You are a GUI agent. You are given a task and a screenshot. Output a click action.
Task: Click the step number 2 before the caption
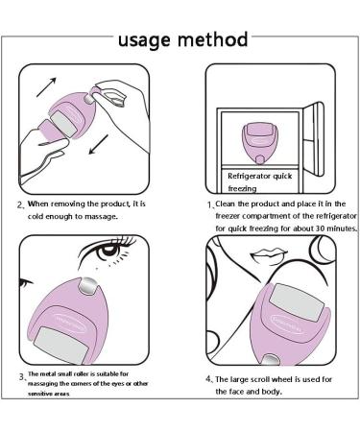pyautogui.click(x=20, y=204)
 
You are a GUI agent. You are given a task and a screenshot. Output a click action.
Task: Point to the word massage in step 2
pyautogui.click(x=98, y=216)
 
